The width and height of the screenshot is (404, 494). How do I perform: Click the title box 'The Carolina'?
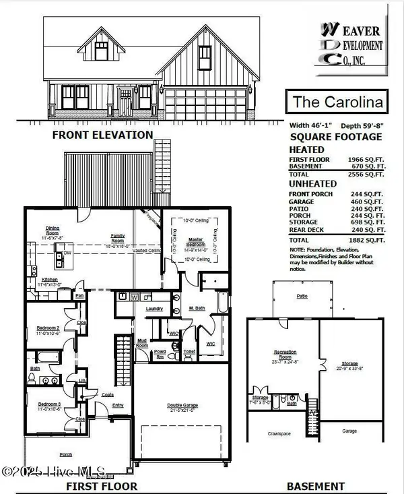coord(339,102)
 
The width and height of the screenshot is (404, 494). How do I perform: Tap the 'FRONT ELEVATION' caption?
coord(102,135)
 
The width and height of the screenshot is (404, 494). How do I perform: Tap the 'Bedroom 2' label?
coord(48,331)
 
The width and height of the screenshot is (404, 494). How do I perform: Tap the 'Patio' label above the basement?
coord(302,296)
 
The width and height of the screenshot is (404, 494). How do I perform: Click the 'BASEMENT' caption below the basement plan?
coord(316,486)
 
